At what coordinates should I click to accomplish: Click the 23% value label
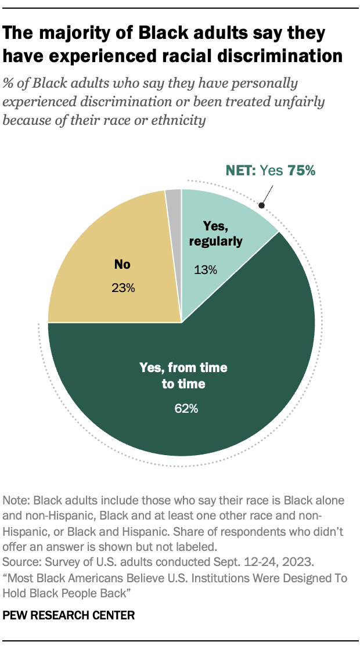pos(123,287)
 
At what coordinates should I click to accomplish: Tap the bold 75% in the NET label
pos(301,171)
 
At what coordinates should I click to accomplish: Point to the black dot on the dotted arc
pos(261,205)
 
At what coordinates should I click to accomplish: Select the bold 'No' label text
pos(123,265)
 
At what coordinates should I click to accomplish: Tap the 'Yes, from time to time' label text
pos(183,376)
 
